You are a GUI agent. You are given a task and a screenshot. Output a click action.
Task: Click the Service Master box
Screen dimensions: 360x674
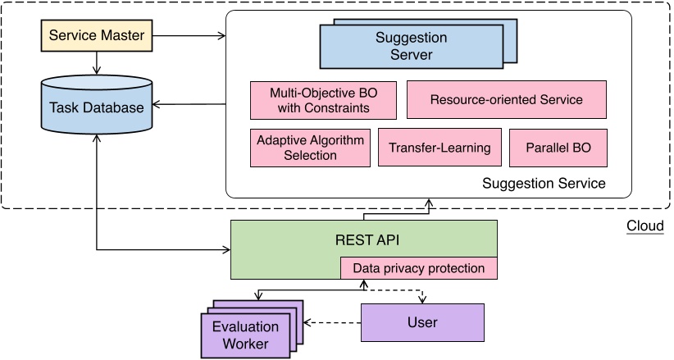point(97,36)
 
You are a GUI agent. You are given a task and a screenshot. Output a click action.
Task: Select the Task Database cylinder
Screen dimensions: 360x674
point(97,107)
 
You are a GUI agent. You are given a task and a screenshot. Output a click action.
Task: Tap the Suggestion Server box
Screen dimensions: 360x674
point(410,47)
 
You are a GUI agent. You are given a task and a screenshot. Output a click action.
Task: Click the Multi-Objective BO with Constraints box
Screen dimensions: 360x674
point(321,100)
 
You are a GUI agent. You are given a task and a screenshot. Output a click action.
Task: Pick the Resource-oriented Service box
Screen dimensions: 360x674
point(506,100)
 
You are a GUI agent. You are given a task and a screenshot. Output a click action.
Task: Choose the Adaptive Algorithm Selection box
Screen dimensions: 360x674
point(309,148)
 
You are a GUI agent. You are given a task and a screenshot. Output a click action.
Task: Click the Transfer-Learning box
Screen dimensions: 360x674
point(439,148)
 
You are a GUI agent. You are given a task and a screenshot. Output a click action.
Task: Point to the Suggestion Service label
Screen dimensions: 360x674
point(544,183)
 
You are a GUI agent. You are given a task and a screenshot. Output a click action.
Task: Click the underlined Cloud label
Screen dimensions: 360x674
point(644,225)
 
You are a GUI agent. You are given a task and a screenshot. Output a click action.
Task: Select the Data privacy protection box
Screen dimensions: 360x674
point(418,268)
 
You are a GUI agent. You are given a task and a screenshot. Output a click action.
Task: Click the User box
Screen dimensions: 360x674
point(422,322)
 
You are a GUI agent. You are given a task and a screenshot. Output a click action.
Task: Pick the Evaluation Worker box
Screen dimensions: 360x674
point(246,335)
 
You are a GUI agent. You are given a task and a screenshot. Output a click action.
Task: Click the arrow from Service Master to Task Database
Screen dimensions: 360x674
point(97,63)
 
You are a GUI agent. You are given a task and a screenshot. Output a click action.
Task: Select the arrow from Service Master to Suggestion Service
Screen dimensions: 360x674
point(189,36)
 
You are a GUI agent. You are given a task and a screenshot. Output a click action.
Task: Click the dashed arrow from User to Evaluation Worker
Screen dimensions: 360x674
point(332,321)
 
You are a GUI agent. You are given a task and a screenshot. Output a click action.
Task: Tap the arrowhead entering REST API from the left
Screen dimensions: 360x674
point(225,248)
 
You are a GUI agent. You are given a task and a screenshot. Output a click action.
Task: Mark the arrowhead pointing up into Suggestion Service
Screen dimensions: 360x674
point(428,203)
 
